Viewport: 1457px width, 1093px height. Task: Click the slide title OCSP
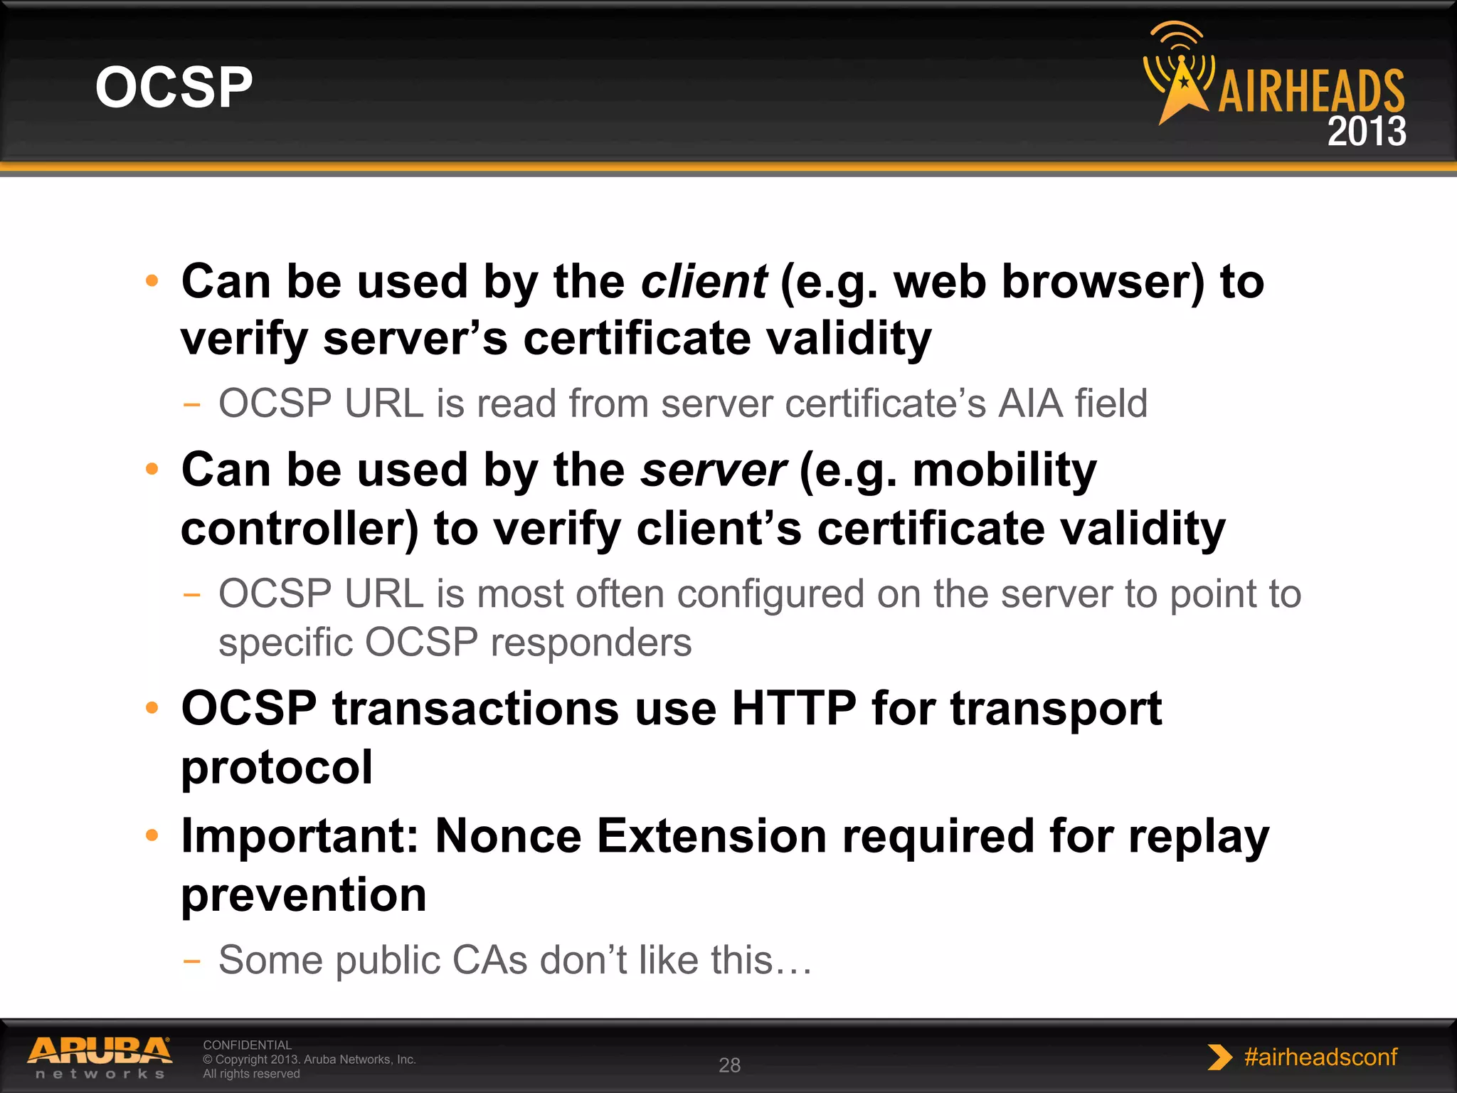pos(174,88)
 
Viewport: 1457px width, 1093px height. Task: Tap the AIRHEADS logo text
pos(1311,92)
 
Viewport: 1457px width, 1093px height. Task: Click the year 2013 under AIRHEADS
pos(1366,132)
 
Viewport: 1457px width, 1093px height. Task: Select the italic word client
pos(704,282)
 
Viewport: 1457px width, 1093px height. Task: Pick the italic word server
pos(713,470)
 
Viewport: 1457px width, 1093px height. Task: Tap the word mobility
pos(1005,470)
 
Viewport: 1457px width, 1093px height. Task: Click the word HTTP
pos(794,709)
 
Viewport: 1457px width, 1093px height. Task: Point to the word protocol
pos(277,767)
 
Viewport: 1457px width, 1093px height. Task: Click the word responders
pos(590,643)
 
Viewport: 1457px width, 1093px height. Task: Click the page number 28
pos(729,1065)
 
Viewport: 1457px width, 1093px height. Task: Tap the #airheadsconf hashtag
pos(1320,1057)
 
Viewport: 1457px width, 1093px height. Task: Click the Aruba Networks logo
pos(100,1057)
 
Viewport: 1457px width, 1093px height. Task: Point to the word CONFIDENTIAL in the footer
pos(247,1045)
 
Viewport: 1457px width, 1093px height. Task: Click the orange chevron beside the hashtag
pos(1219,1057)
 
